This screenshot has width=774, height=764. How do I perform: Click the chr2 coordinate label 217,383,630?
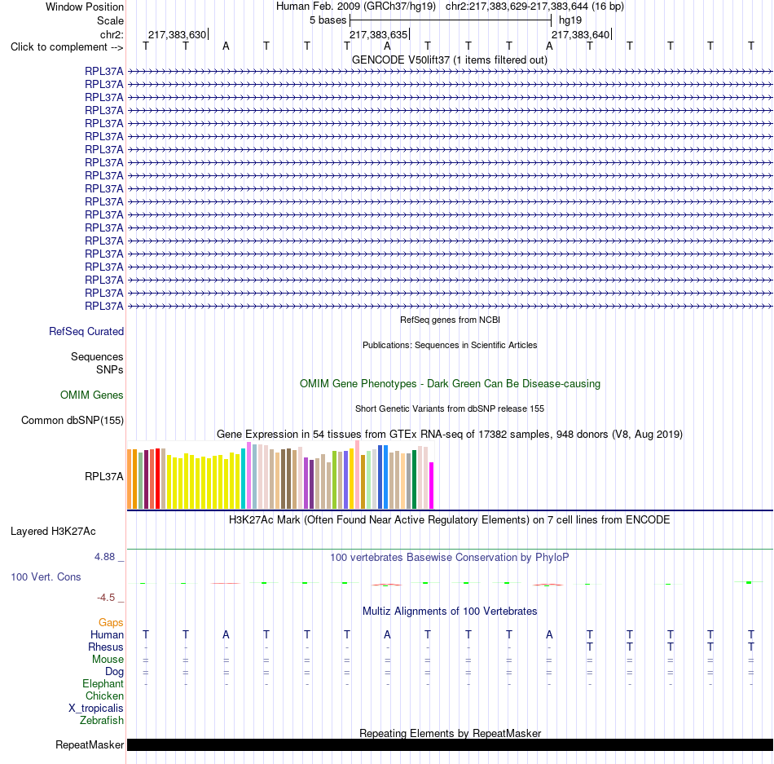coord(178,34)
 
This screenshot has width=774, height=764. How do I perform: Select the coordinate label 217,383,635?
coord(379,34)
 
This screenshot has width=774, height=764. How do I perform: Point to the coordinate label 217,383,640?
coord(580,34)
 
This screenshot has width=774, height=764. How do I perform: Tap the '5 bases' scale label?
coord(328,20)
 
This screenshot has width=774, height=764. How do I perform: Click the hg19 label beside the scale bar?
coord(570,20)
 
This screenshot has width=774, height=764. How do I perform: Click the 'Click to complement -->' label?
coord(67,47)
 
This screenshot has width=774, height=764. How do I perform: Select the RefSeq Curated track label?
coord(86,331)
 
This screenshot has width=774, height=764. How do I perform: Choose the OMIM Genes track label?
coord(92,395)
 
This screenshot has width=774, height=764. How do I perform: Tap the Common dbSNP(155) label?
coord(73,420)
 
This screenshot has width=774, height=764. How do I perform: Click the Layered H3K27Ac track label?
coord(53,532)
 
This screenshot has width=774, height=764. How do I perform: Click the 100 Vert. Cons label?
coord(46,576)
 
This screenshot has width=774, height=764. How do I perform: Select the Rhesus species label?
coord(106,647)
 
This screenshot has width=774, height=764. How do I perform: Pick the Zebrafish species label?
coord(102,721)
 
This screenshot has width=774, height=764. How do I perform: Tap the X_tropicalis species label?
coord(96,709)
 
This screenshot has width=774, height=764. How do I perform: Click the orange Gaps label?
coord(111,622)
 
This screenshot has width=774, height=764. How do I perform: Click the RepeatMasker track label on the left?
coord(90,744)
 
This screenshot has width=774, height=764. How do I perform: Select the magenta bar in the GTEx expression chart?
coord(432,485)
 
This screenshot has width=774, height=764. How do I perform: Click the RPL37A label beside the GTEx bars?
coord(104,476)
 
